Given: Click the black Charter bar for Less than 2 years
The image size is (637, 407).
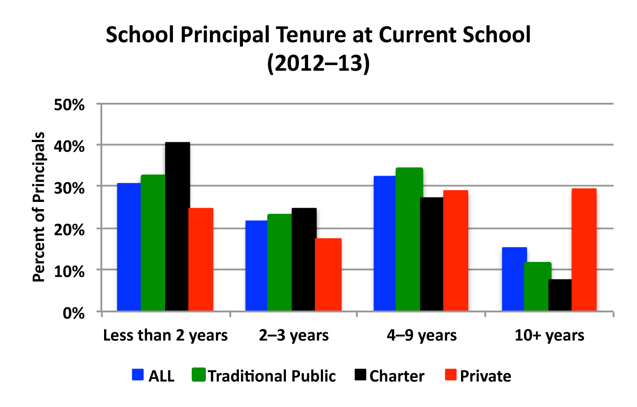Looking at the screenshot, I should (177, 226).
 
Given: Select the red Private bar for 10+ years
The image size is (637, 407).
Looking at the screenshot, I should (584, 249).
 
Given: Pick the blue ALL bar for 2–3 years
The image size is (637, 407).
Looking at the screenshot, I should (257, 265).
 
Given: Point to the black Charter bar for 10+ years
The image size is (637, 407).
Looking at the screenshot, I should (560, 295).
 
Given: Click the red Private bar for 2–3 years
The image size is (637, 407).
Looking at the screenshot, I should (328, 274).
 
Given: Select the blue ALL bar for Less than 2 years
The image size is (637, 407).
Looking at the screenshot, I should (129, 247).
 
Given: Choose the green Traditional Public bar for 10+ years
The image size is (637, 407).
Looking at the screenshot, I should (537, 286).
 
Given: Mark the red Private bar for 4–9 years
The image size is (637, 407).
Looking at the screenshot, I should (456, 250).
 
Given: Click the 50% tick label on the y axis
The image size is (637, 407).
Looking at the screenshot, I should (69, 105).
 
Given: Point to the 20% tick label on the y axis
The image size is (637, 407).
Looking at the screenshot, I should (69, 230).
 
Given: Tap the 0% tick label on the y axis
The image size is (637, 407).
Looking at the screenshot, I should (74, 313).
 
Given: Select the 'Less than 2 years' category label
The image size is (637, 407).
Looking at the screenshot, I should (165, 335).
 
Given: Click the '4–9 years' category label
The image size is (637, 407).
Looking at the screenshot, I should (422, 335).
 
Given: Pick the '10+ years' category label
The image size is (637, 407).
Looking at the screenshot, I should (549, 335).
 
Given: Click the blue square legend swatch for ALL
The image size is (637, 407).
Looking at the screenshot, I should (138, 375).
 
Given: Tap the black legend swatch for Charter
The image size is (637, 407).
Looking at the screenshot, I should (360, 375).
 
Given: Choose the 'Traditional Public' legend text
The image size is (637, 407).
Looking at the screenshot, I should (271, 376).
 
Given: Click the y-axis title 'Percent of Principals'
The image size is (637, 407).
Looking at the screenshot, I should (39, 207).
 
